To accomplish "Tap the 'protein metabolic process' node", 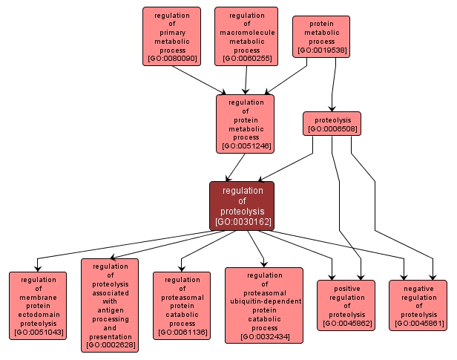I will point(321,37).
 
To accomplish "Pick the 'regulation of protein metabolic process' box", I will point(246,123).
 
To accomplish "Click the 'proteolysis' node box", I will point(332,123).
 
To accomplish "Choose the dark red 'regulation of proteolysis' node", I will point(242,206).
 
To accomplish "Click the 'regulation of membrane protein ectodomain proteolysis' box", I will point(38,306).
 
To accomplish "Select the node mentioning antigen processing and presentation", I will point(110,305).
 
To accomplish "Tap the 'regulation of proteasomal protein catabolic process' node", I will point(182,306).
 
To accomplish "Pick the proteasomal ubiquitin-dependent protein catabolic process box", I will point(264,305).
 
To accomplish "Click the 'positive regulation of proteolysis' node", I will point(346,305).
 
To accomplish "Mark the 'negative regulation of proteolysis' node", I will point(418,305).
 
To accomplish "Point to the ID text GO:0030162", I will point(242,221).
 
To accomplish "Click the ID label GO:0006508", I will point(332,128).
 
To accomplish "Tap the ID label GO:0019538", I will point(321,51).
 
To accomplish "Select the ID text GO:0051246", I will point(246,146).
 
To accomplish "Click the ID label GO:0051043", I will point(38,333).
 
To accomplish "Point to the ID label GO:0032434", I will point(264,337).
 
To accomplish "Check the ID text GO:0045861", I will point(418,323).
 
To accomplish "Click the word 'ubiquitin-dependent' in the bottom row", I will point(264,301).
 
